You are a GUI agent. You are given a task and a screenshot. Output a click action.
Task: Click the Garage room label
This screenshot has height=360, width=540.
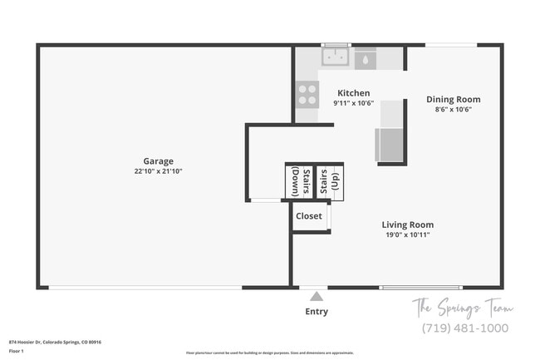[x=158, y=161]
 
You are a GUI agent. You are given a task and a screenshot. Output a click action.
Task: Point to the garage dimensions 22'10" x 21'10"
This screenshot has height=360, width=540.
[x=158, y=171]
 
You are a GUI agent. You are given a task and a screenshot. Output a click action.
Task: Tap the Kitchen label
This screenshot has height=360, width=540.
[x=353, y=93]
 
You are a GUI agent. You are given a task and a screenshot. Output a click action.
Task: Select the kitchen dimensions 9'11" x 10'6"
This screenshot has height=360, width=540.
[x=353, y=103]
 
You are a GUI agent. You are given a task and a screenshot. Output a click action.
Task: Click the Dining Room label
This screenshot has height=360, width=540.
[x=453, y=99]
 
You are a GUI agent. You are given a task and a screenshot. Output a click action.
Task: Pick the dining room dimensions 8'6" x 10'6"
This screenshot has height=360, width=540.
[x=453, y=109]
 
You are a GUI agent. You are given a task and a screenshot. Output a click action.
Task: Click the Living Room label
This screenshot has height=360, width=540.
[x=407, y=224]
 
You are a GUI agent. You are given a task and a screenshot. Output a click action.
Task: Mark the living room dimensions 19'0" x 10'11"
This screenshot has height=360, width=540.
[x=407, y=234]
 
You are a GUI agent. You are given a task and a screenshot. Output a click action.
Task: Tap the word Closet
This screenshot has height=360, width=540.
[x=309, y=216]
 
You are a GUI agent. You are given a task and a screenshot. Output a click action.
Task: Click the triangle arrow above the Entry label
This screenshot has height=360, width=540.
[x=316, y=295]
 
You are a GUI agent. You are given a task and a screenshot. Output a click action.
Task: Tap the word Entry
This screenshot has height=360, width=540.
[x=316, y=312]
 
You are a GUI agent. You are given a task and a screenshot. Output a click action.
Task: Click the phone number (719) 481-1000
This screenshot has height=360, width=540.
[x=465, y=328]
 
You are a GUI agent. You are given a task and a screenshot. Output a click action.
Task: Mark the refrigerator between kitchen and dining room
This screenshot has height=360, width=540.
[x=389, y=144]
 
